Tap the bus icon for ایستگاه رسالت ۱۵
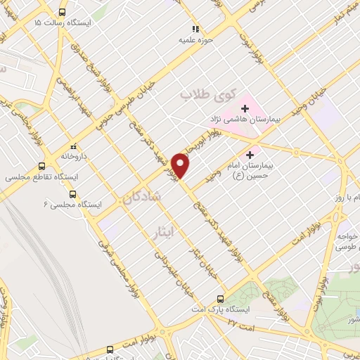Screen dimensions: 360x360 [x=63, y=12]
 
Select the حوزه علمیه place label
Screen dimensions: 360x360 [x=195, y=40]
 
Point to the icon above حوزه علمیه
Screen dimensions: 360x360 [x=195, y=29]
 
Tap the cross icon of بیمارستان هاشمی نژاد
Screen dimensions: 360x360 [x=245, y=108]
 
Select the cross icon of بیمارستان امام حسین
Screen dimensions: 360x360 [x=250, y=153]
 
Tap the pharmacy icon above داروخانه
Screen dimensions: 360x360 [x=71, y=145]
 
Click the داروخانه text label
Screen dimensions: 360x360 [x=72, y=155]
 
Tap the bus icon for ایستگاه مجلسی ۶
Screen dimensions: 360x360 [x=72, y=193]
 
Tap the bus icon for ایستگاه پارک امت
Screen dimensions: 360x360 [x=221, y=298]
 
